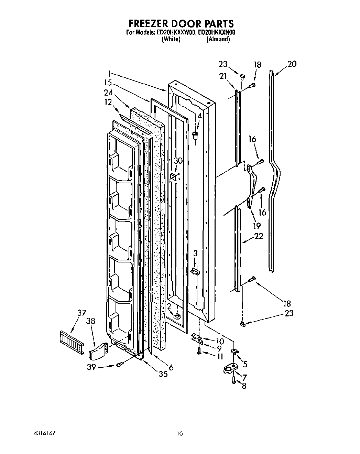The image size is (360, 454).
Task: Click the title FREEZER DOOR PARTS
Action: [181, 23]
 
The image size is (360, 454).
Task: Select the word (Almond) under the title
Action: [218, 39]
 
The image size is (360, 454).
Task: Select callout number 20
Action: [292, 64]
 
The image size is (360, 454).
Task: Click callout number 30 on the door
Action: [178, 161]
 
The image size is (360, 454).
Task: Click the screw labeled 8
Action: [233, 380]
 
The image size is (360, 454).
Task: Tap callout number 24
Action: [108, 92]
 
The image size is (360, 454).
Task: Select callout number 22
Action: [259, 236]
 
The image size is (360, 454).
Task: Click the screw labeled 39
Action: [119, 365]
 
